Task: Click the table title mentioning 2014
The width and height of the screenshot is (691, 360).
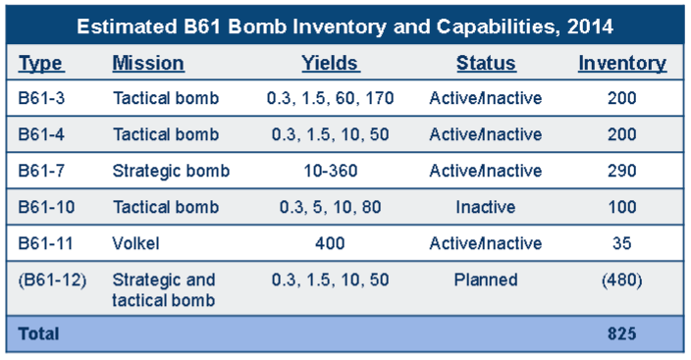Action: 345,26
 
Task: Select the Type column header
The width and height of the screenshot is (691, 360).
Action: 40,64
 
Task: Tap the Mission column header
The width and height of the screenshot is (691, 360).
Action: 148,64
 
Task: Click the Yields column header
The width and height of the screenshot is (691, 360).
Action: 330,64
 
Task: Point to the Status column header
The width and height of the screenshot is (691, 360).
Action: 485,64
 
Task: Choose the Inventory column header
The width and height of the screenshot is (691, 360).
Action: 621,64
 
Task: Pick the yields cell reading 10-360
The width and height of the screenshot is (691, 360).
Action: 329,171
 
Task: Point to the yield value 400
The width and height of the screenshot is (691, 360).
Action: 329,243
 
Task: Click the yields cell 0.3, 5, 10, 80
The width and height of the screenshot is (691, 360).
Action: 329,207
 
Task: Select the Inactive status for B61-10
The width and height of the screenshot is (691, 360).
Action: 485,207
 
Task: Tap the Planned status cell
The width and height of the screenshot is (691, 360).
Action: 485,280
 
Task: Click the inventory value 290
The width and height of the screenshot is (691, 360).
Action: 621,171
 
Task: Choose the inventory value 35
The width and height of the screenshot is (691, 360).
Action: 621,243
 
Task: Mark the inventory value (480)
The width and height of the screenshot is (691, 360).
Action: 621,280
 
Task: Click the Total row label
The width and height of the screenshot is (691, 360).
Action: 38,334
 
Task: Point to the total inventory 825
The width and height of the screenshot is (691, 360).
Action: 621,334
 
